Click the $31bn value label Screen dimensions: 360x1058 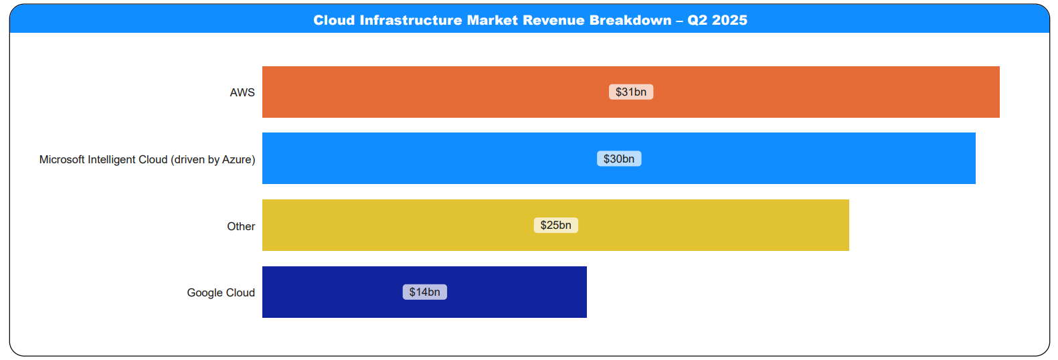(631, 92)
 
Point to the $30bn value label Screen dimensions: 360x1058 (619, 159)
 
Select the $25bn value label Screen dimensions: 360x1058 (555, 225)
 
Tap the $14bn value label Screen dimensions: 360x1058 (424, 292)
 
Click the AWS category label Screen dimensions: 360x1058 (242, 92)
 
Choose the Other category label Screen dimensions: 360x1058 (241, 226)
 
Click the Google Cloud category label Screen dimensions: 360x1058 (221, 292)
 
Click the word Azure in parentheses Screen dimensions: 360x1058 (238, 159)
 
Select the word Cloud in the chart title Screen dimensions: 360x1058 (334, 20)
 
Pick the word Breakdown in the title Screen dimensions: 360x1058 (630, 20)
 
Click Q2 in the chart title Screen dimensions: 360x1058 (697, 20)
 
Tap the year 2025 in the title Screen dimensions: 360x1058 (730, 20)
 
